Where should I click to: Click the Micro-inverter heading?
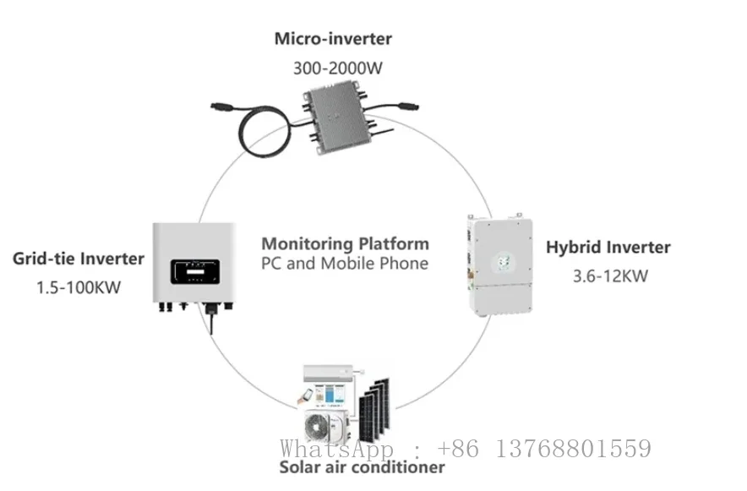tap(333, 39)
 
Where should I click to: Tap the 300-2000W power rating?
tap(337, 68)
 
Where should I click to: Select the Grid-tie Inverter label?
tap(78, 259)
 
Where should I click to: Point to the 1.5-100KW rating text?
tap(79, 287)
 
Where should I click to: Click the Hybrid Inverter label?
tap(608, 247)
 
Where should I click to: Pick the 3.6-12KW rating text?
tap(610, 276)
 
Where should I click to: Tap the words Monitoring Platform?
tap(345, 244)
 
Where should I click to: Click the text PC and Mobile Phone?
tap(345, 264)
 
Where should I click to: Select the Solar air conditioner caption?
tap(362, 467)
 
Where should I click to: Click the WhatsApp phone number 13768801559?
tap(574, 449)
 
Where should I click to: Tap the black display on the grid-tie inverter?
tap(195, 271)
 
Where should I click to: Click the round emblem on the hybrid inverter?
tap(504, 261)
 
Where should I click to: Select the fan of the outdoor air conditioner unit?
tap(317, 427)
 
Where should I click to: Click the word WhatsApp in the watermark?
tap(337, 449)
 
